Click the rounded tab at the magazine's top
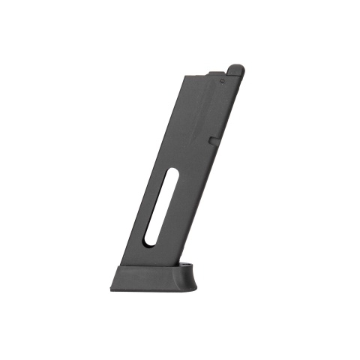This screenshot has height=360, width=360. click(235, 70)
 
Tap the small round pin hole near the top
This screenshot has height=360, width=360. click(223, 76)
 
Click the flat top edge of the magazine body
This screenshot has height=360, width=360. click(199, 73)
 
